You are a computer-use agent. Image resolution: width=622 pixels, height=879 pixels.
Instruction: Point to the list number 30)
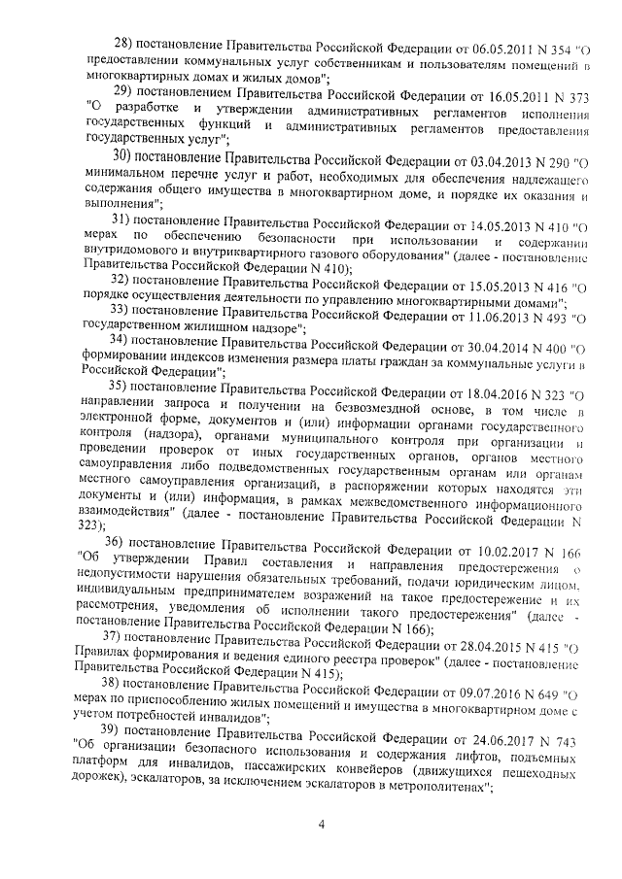tap(124, 155)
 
